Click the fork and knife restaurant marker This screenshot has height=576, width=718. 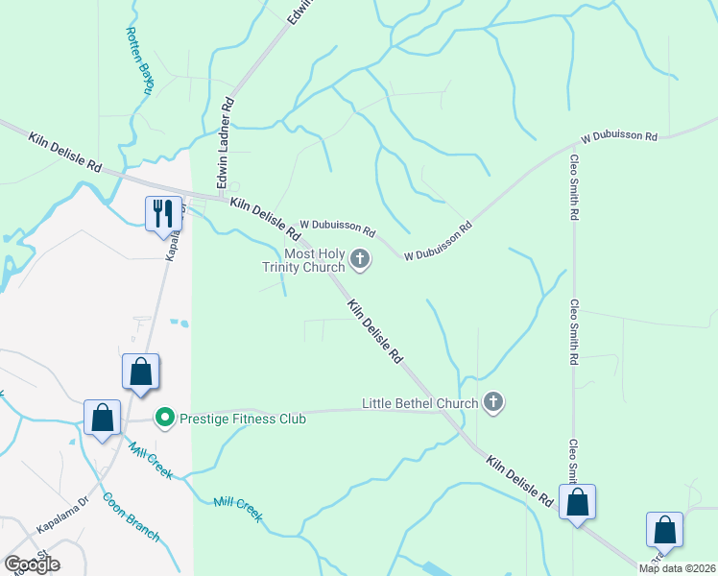pyautogui.click(x=163, y=213)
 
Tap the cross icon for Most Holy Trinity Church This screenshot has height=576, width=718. pyautogui.click(x=360, y=257)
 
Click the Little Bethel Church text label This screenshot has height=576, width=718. pyautogui.click(x=419, y=403)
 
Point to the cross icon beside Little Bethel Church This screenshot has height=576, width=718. pyautogui.click(x=493, y=402)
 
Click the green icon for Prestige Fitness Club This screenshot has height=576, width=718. pyautogui.click(x=164, y=418)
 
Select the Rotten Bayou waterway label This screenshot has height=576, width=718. pyautogui.click(x=140, y=60)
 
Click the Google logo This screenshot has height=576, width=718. pyautogui.click(x=32, y=564)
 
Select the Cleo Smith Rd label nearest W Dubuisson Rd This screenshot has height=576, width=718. pyautogui.click(x=574, y=187)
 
